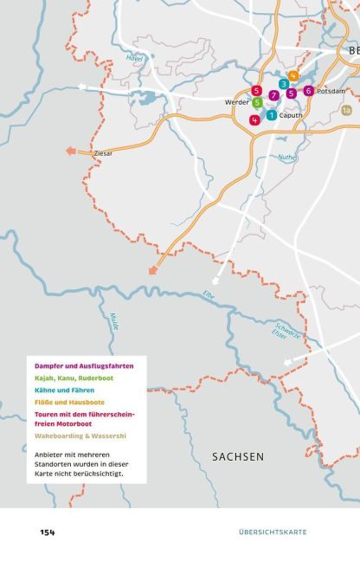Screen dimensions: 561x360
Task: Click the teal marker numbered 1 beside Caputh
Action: click(x=272, y=115)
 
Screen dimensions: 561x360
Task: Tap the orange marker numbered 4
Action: click(x=294, y=76)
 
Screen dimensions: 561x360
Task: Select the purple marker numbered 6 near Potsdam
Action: click(x=309, y=90)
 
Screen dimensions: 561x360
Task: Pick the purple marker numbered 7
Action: click(x=273, y=95)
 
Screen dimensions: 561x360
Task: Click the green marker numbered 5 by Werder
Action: click(x=257, y=103)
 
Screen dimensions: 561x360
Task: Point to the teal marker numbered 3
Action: click(x=284, y=84)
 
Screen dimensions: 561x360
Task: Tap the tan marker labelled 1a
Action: click(x=346, y=110)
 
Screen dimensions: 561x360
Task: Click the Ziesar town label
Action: click(x=103, y=153)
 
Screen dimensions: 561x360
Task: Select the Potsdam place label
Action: click(x=331, y=91)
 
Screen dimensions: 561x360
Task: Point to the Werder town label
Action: click(x=237, y=102)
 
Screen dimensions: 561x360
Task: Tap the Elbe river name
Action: click(x=208, y=294)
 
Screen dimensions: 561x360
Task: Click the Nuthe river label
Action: click(x=286, y=158)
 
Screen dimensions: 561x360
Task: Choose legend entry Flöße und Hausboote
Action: click(x=70, y=402)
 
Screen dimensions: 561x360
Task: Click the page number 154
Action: click(x=46, y=532)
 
